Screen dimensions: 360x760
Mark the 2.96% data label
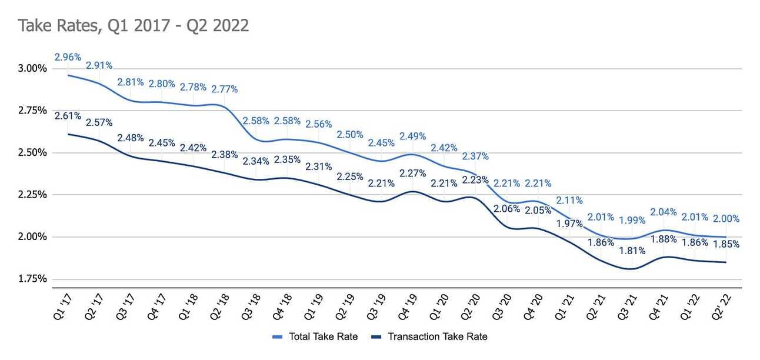tap(68, 57)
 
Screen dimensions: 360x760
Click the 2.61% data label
tap(68, 115)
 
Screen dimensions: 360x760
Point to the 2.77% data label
tap(225, 89)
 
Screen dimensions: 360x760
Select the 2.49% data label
tap(413, 136)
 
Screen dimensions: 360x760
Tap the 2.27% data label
tap(413, 174)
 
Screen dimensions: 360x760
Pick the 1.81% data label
tap(632, 251)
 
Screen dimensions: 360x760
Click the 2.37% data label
tap(475, 156)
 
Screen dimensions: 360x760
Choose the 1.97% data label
tap(570, 224)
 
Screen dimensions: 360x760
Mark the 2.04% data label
tap(664, 212)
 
